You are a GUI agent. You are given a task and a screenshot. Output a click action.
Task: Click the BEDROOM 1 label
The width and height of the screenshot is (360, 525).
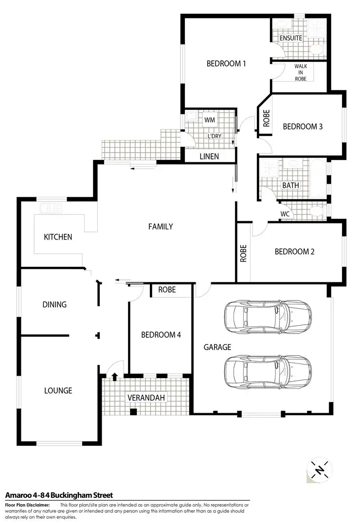click(226, 63)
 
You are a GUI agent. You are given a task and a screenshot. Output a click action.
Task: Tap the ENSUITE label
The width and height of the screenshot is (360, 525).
click(290, 38)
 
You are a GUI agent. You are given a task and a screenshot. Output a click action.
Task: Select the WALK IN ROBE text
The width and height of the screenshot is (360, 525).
click(301, 72)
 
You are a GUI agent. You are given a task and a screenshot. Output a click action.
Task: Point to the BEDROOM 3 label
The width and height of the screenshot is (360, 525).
click(303, 126)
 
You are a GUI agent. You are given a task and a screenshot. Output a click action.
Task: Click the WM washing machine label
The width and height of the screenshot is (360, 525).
click(210, 120)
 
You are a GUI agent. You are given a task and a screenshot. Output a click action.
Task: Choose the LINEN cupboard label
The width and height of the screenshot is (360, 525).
click(209, 157)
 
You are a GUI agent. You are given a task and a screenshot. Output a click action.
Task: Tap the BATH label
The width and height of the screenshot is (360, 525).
click(290, 185)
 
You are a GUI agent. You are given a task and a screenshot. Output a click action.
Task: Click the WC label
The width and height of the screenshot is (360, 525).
click(285, 214)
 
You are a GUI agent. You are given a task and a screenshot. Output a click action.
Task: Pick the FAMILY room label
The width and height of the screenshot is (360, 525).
click(161, 227)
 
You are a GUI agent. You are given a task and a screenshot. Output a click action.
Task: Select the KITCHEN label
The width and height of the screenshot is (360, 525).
click(58, 237)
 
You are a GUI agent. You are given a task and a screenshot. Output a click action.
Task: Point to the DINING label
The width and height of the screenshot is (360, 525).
click(54, 305)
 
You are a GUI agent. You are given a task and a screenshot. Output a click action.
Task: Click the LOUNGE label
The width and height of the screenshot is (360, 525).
click(58, 390)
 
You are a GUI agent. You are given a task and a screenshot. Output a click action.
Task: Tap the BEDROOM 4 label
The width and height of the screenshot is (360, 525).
click(161, 335)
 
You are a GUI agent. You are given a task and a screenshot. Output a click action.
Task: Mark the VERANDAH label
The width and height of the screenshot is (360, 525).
click(146, 398)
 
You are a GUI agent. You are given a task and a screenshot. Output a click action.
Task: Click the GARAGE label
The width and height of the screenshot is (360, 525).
click(217, 348)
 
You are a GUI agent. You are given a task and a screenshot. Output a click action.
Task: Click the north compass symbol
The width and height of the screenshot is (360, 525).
click(319, 470)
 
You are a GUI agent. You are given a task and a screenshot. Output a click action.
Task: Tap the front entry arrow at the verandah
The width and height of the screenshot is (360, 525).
click(115, 376)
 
